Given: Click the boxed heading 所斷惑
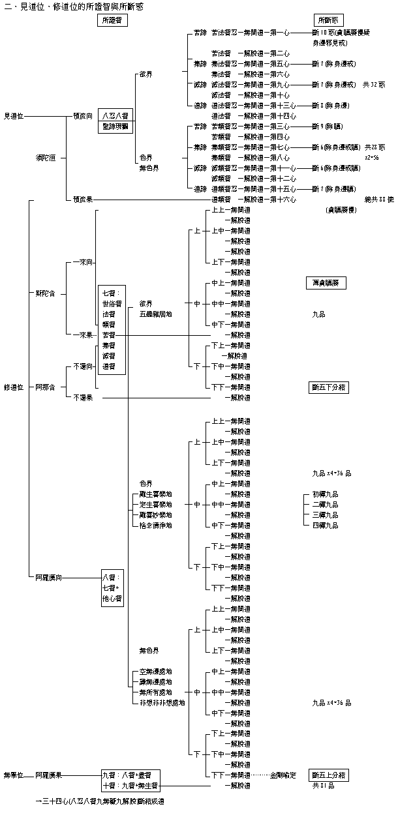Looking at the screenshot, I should coord(330,21).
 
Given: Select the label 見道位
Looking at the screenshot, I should coord(14,115).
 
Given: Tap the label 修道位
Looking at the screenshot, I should coord(14,387).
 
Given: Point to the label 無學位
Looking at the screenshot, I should coord(14,775).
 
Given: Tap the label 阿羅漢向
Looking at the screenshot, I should coord(48,578).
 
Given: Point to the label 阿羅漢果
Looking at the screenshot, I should coord(48,775).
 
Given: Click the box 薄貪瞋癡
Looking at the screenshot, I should coord(326,283).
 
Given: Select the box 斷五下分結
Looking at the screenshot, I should coord(328,387).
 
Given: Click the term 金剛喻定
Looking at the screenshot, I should coord(284,775).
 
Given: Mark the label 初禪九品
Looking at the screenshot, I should coord(325,494).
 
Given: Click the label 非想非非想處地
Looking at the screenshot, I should coord(162,703).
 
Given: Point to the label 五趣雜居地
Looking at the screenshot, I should coord(156,314).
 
